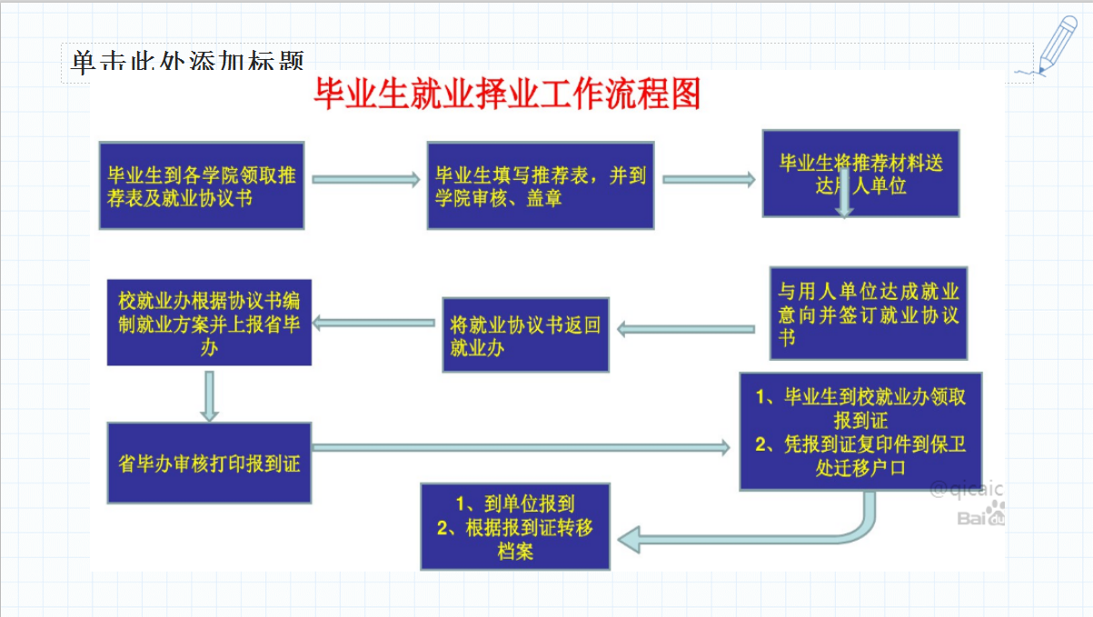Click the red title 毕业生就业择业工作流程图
(507, 95)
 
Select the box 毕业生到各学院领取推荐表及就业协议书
(202, 185)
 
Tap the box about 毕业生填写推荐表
(541, 185)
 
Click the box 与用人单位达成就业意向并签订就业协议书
(868, 313)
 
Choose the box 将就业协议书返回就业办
(526, 334)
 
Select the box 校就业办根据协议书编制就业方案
(209, 322)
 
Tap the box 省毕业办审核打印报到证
(209, 463)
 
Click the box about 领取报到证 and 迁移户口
(860, 431)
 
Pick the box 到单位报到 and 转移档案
(515, 526)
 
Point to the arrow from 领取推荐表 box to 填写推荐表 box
(365, 180)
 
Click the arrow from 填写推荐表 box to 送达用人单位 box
(709, 180)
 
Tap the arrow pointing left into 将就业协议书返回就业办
(686, 328)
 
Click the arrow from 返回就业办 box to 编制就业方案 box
(375, 322)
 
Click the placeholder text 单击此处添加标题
(186, 62)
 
